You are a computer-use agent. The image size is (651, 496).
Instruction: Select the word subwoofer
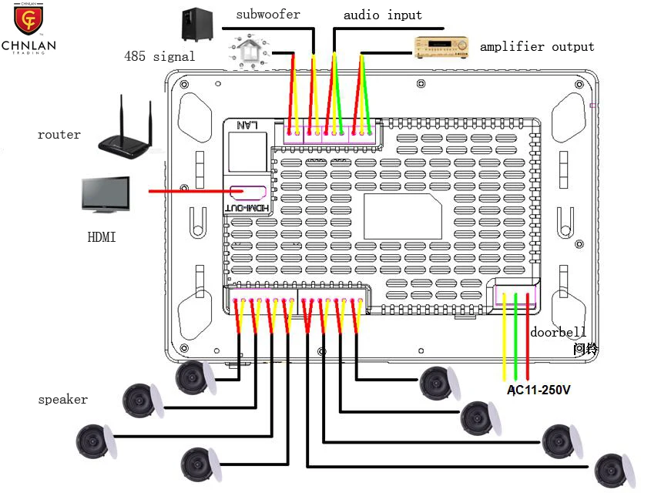[x=268, y=15]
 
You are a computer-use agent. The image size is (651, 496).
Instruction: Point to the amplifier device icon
[x=441, y=47]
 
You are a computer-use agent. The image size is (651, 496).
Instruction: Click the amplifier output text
[x=537, y=47]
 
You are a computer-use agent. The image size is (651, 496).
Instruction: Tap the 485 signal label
[x=159, y=56]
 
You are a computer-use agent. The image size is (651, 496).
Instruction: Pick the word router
[x=59, y=135]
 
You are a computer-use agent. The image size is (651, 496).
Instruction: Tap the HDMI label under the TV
[x=101, y=237]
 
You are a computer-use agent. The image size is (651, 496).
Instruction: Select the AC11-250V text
[x=539, y=390]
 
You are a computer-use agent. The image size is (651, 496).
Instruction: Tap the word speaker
[x=62, y=400]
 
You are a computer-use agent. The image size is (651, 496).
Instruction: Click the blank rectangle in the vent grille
[x=402, y=216]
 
